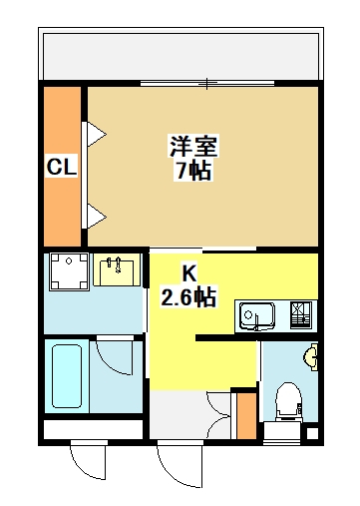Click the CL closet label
[x=62, y=166]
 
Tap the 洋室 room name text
[x=193, y=146]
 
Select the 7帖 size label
[x=193, y=171]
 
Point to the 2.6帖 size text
[x=188, y=296]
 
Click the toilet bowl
[x=288, y=400]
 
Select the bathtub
[x=67, y=376]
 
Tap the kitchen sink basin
[x=257, y=315]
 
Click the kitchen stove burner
[x=301, y=315]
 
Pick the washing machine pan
[x=69, y=271]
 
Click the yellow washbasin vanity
[x=117, y=269]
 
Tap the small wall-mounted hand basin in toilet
[x=311, y=357]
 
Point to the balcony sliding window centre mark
[x=207, y=83]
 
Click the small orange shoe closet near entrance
[x=246, y=416]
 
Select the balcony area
[x=181, y=54]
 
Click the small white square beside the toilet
[x=312, y=433]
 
